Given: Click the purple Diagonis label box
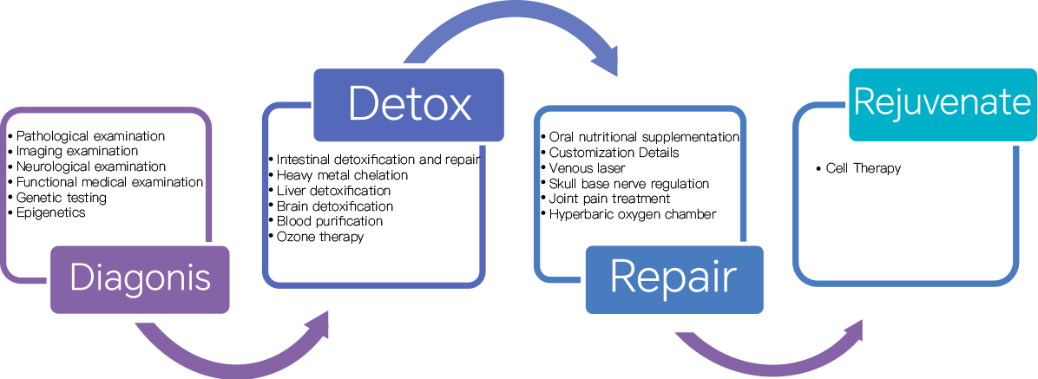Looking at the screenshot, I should [x=141, y=279].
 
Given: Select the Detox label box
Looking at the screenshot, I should [x=408, y=104].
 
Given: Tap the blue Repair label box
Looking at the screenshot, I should [x=673, y=279].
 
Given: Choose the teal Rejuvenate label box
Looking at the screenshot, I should [x=942, y=104].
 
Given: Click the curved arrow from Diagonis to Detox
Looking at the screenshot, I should [x=217, y=360].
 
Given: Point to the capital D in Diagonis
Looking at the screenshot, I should [x=80, y=278].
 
